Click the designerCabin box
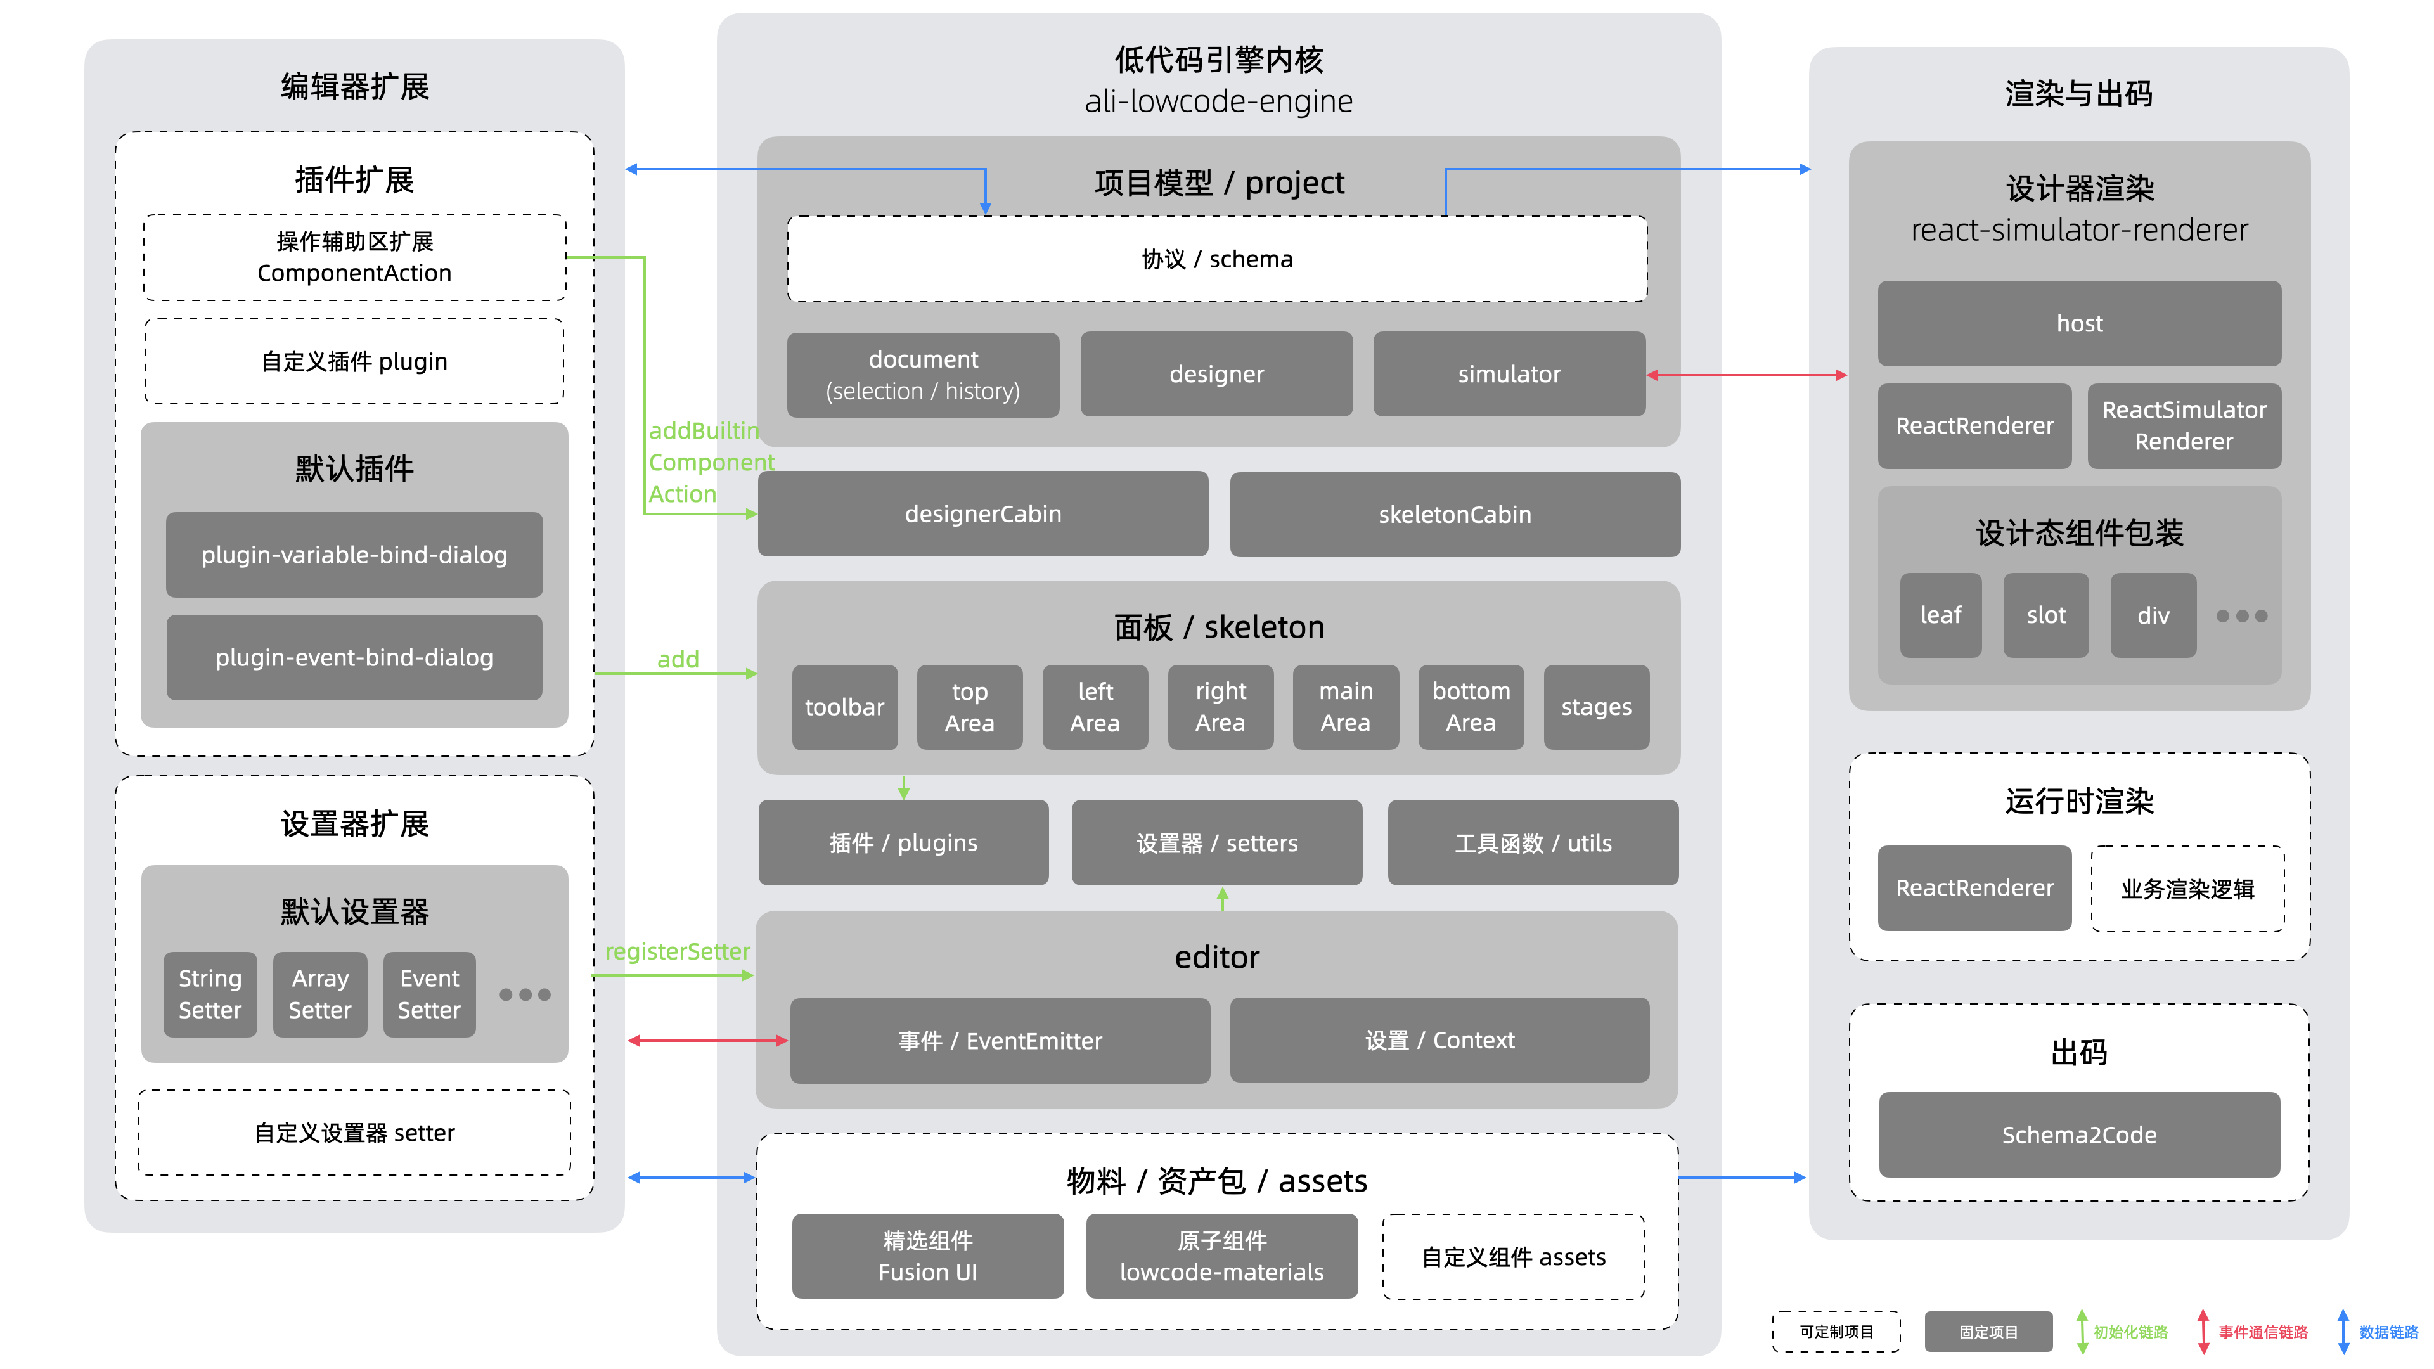[x=982, y=514]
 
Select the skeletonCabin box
[x=1454, y=515]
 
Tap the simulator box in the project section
[x=1509, y=374]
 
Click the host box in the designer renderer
[x=2079, y=323]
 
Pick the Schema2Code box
[x=2079, y=1134]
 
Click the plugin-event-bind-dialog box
[x=354, y=658]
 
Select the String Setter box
[x=210, y=994]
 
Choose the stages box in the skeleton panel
[x=1596, y=707]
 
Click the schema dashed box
[x=1217, y=259]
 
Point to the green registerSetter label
[x=678, y=951]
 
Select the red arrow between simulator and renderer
[x=1746, y=375]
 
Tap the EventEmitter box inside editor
[x=1000, y=1040]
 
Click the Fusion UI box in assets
[x=927, y=1256]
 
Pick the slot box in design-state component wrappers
[x=2045, y=615]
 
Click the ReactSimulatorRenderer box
[x=2184, y=425]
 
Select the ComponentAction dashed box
[x=354, y=257]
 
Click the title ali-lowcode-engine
[x=1218, y=101]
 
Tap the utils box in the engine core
[x=1533, y=843]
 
